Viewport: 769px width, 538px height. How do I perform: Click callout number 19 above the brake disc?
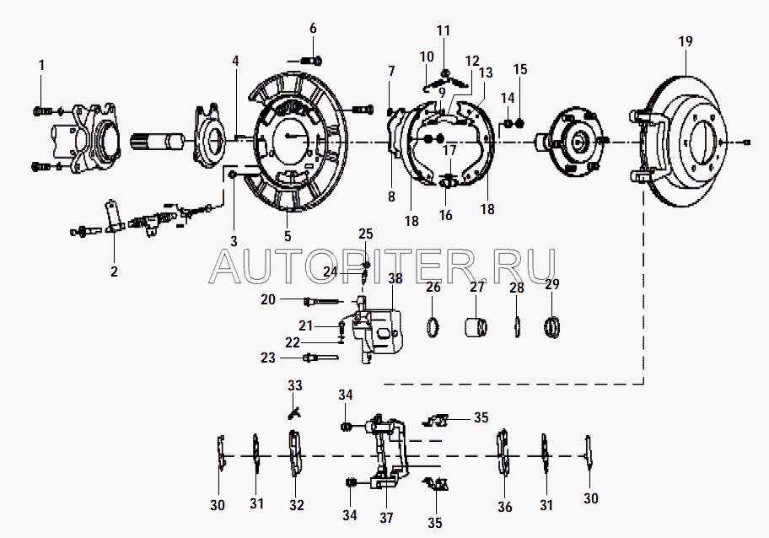684,40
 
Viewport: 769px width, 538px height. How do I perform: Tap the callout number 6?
313,28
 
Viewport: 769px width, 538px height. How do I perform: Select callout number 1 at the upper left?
41,64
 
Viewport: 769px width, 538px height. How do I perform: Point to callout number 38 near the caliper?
395,279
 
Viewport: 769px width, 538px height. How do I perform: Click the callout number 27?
478,287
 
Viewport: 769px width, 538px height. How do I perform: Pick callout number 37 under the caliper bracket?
387,518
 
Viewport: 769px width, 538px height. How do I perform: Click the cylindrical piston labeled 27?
478,325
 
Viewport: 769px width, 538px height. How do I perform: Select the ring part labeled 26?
434,325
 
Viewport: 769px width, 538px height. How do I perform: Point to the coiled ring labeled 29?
552,325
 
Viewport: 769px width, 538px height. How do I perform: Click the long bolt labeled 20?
320,300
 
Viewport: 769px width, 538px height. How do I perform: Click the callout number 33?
294,386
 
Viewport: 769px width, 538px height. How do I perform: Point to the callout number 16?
445,215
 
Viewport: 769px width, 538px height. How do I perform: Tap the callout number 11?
444,30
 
